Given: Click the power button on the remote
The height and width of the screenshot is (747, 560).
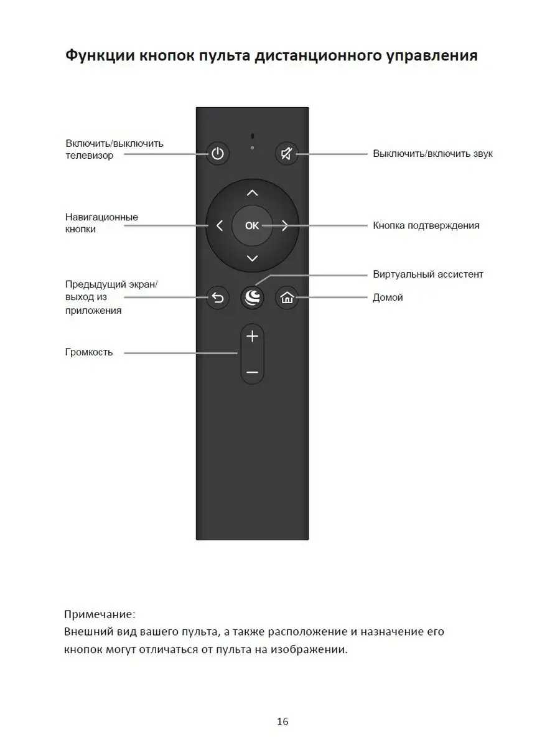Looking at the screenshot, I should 217,153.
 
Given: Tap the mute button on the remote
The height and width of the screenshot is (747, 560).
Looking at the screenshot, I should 287,153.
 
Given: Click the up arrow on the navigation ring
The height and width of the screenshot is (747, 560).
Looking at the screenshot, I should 252,192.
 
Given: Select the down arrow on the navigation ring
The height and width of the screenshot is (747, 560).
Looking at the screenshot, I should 252,258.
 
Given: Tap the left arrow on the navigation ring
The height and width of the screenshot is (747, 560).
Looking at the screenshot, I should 219,225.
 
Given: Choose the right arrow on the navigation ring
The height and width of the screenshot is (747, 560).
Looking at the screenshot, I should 285,225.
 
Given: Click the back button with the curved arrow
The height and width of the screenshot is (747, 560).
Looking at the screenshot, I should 217,298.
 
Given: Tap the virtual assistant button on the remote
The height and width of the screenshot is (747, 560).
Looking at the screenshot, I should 252,298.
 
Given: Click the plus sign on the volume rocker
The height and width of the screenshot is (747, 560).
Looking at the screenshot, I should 252,337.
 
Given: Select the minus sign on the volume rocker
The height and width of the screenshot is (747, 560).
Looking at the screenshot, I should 252,372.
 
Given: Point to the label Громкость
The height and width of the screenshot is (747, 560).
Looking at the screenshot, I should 89,352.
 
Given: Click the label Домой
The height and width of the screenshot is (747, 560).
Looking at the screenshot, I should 388,298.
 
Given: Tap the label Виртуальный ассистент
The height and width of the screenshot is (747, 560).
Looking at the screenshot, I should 428,274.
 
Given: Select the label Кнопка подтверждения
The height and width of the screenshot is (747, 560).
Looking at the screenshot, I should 426,225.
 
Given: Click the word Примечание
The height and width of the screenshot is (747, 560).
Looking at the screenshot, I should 100,614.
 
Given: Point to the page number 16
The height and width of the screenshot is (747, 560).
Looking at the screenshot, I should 282,722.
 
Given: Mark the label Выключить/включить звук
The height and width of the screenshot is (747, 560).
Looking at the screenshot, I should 432,153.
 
